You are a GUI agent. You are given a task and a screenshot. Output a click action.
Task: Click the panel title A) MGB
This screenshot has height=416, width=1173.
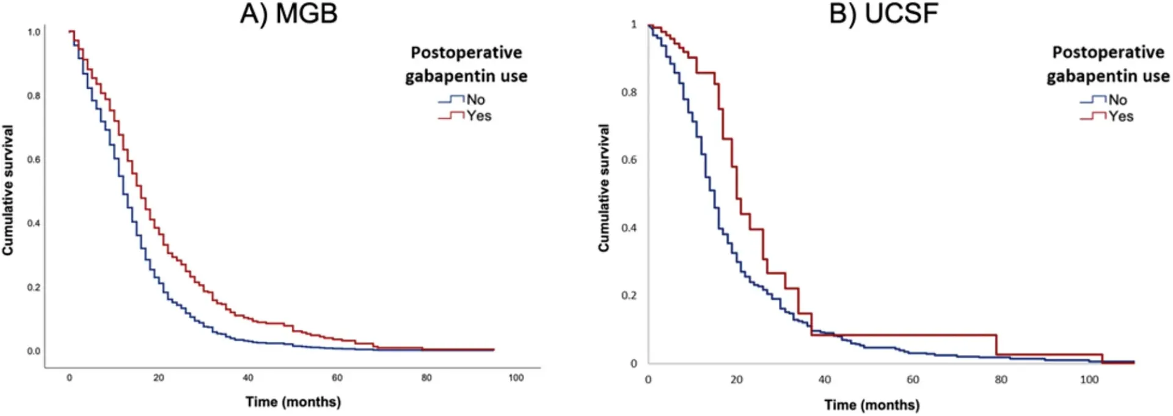[288, 13]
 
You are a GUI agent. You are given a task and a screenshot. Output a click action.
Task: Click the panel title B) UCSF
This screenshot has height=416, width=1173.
[883, 13]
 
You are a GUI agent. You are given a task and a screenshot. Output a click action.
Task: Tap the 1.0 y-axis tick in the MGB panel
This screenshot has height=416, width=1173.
[34, 32]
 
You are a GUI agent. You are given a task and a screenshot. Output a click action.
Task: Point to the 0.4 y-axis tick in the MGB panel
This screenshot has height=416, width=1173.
[34, 223]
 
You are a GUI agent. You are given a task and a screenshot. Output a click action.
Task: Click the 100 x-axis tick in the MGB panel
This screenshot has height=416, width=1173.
[516, 378]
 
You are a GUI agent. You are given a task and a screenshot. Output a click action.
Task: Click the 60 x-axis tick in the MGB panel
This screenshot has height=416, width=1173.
[337, 378]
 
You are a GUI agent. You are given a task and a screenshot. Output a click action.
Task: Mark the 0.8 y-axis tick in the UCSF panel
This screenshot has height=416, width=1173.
[629, 92]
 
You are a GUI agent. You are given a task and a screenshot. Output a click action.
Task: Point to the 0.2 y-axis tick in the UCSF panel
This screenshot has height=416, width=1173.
[629, 295]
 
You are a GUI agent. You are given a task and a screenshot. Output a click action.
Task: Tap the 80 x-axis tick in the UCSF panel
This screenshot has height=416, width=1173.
[1001, 380]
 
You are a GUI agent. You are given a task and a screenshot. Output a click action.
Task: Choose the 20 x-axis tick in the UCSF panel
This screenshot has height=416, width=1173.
[737, 380]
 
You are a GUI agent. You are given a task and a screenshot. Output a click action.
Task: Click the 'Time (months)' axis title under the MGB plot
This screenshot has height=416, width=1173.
[293, 402]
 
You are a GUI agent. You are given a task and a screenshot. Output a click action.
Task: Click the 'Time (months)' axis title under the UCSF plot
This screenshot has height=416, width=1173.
[872, 405]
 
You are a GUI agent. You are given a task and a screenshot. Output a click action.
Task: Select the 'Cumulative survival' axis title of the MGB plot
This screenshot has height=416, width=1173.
[8, 190]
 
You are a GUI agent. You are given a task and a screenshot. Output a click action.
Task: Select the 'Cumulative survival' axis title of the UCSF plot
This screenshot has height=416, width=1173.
[604, 188]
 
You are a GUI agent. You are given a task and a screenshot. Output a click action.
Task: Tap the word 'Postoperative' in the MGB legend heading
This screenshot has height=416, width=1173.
[466, 53]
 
